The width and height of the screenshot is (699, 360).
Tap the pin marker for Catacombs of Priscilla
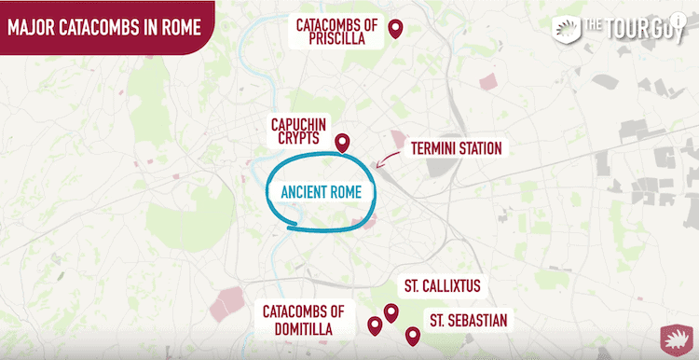pos(394,30)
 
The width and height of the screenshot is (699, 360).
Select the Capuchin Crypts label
pos(295,131)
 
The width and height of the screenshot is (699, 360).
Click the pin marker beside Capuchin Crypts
pos(342,143)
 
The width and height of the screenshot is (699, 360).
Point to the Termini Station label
pos(455,148)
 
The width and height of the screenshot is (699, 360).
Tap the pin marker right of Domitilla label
pos(375,325)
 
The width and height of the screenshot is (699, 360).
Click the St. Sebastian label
pos(468,321)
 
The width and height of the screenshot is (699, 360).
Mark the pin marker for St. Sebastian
pos(412,336)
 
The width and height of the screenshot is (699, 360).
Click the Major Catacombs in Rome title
pos(104,26)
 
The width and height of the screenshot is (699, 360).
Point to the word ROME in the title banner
pos(178,26)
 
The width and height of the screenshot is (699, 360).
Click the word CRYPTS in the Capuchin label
pos(295,139)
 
